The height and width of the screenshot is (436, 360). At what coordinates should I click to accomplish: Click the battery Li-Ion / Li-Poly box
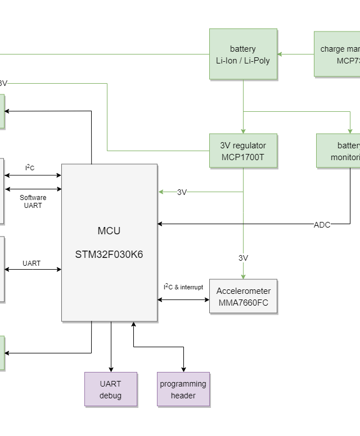point(243,54)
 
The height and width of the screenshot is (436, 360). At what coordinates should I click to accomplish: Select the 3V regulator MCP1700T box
point(243,151)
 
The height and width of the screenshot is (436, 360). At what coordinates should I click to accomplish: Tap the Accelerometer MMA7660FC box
point(243,296)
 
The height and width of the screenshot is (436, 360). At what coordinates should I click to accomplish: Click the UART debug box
point(111,389)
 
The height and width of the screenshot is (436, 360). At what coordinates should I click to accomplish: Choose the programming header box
point(183,389)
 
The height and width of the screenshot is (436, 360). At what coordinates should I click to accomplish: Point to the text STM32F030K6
point(109,255)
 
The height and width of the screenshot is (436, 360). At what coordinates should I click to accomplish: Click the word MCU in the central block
point(109,231)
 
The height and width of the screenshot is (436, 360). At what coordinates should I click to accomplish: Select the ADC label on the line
point(322,225)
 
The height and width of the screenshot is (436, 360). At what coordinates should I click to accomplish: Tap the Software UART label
point(33,201)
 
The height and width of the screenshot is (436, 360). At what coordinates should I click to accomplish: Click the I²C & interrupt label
point(183,287)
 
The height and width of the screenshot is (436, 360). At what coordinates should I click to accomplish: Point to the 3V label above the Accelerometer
point(243,258)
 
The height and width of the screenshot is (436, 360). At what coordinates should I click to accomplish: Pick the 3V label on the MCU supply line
point(182,192)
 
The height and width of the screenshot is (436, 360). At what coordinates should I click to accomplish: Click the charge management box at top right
point(337,54)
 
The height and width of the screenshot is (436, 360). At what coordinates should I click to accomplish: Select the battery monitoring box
point(339,151)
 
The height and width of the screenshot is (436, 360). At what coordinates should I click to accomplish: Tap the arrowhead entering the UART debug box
point(111,369)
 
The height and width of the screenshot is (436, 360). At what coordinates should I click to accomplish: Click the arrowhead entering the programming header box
point(183,369)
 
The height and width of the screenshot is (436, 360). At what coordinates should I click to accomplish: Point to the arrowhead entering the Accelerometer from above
point(243,276)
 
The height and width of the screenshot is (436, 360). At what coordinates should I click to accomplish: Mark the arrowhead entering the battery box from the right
point(281,54)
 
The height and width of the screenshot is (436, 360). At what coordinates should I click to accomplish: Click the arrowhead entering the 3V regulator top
point(243,130)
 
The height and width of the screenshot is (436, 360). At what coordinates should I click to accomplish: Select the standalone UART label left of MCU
point(31,263)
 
